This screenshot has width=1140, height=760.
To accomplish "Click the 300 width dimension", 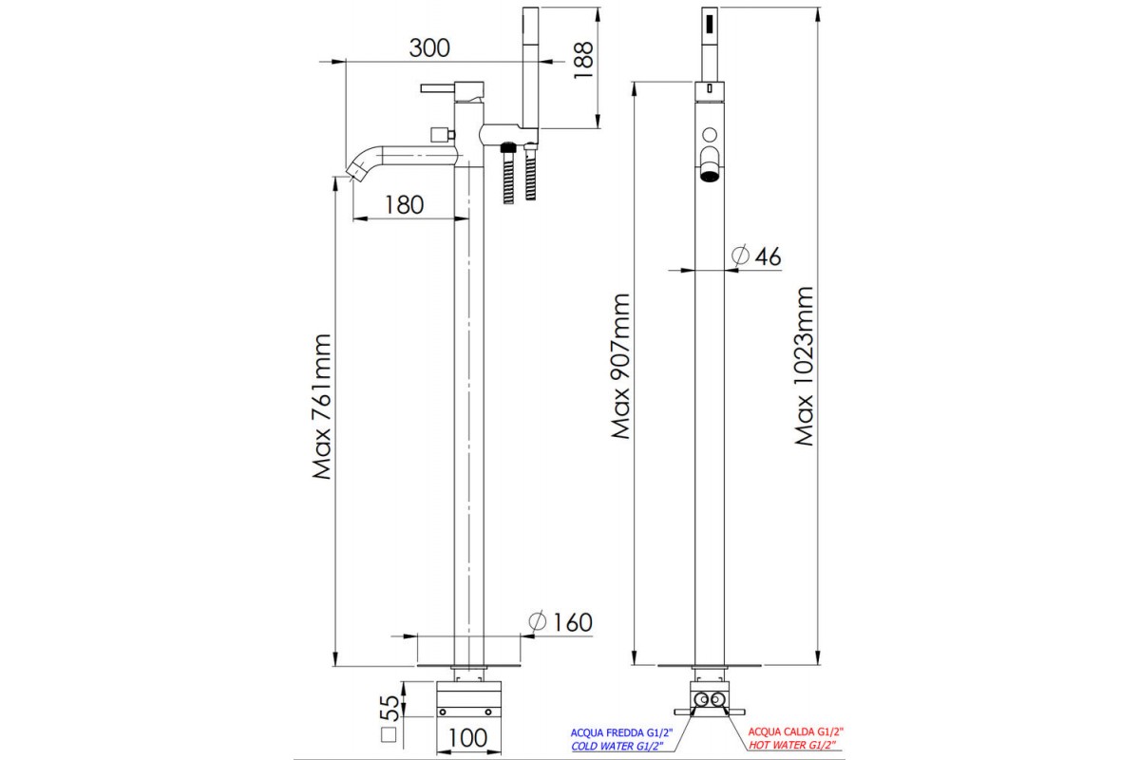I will (x=428, y=47).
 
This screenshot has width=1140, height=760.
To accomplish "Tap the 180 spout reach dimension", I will (x=405, y=204).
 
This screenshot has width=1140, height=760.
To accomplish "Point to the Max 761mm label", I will (x=323, y=406).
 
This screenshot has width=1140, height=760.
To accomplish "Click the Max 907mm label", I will (x=621, y=366).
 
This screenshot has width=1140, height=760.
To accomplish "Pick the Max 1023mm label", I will (x=807, y=366).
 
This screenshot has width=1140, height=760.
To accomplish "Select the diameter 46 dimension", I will (x=757, y=256).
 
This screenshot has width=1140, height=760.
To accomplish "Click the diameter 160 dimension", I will (x=560, y=621).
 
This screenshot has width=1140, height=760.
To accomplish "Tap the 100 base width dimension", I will (x=466, y=737).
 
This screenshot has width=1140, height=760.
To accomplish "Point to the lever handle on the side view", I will (x=443, y=88).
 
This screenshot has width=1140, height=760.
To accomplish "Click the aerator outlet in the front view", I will (x=709, y=173).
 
